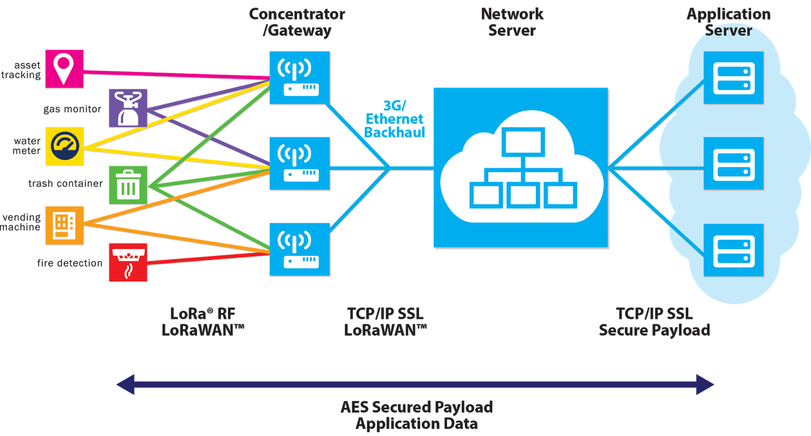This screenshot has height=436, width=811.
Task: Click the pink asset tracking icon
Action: [x=64, y=69]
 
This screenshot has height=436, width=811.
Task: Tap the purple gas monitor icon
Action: [x=128, y=108]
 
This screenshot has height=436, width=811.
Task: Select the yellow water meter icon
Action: [x=64, y=146]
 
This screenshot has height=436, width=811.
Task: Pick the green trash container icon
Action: [x=128, y=185]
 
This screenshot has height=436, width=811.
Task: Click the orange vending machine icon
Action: [x=64, y=225]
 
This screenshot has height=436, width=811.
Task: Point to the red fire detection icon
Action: [x=128, y=262]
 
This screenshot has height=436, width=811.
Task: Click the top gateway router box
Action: [x=300, y=78]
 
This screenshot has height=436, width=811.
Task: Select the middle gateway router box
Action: [x=300, y=163]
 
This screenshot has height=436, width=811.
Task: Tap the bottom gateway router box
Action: [x=300, y=250]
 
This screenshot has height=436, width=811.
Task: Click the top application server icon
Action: [x=733, y=78]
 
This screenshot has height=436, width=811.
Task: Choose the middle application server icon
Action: [x=733, y=163]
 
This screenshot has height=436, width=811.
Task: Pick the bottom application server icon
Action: [x=733, y=250]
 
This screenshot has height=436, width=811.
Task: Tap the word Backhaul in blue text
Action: [x=394, y=132]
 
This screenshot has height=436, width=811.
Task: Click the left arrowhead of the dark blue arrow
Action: [x=126, y=384]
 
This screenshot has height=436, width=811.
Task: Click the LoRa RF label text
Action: [x=203, y=314]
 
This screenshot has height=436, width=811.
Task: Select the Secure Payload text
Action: [x=654, y=330]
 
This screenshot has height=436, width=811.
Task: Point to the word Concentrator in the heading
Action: [x=297, y=14]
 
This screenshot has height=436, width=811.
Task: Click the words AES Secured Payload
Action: [x=417, y=407]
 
